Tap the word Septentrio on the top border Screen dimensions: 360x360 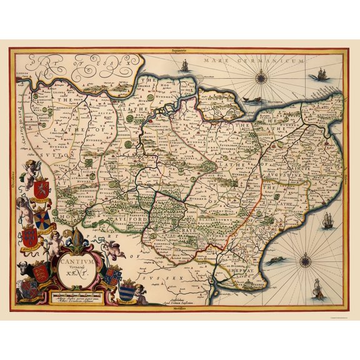pyautogui.click(x=181, y=48)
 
